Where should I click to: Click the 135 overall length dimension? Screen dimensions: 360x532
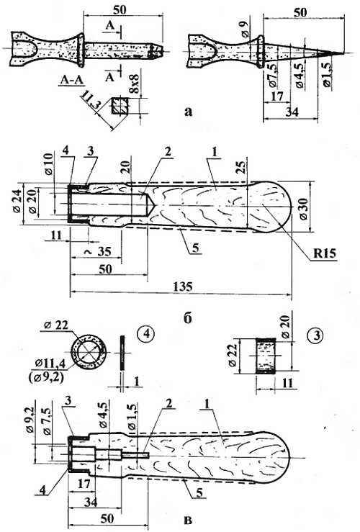pyautogui.click(x=183, y=287)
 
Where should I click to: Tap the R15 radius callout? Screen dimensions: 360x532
pyautogui.click(x=325, y=253)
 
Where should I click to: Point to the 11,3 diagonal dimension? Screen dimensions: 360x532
pyautogui.click(x=89, y=102)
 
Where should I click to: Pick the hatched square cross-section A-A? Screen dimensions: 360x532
pyautogui.click(x=120, y=107)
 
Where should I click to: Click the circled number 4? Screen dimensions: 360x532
pyautogui.click(x=146, y=335)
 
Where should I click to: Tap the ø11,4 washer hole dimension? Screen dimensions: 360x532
pyautogui.click(x=50, y=364)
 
